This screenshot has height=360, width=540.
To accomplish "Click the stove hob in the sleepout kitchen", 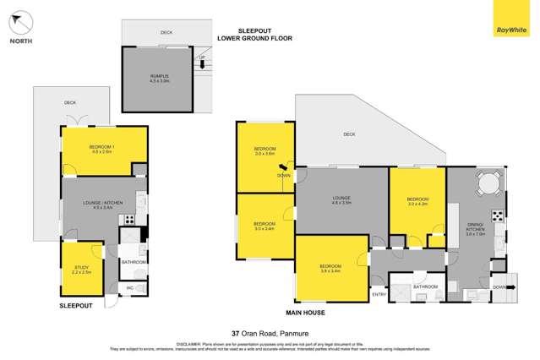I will click(x=131, y=221).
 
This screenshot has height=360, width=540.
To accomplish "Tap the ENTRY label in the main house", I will click(x=379, y=294).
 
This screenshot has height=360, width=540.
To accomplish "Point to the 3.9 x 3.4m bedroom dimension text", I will click(x=330, y=270).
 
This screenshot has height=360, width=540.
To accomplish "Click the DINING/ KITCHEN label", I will click(x=473, y=230).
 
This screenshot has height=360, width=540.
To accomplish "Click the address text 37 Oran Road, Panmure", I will click(x=270, y=333).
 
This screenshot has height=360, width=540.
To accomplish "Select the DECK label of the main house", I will click(x=349, y=134).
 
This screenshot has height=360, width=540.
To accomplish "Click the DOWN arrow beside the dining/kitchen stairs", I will click(x=499, y=286).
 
